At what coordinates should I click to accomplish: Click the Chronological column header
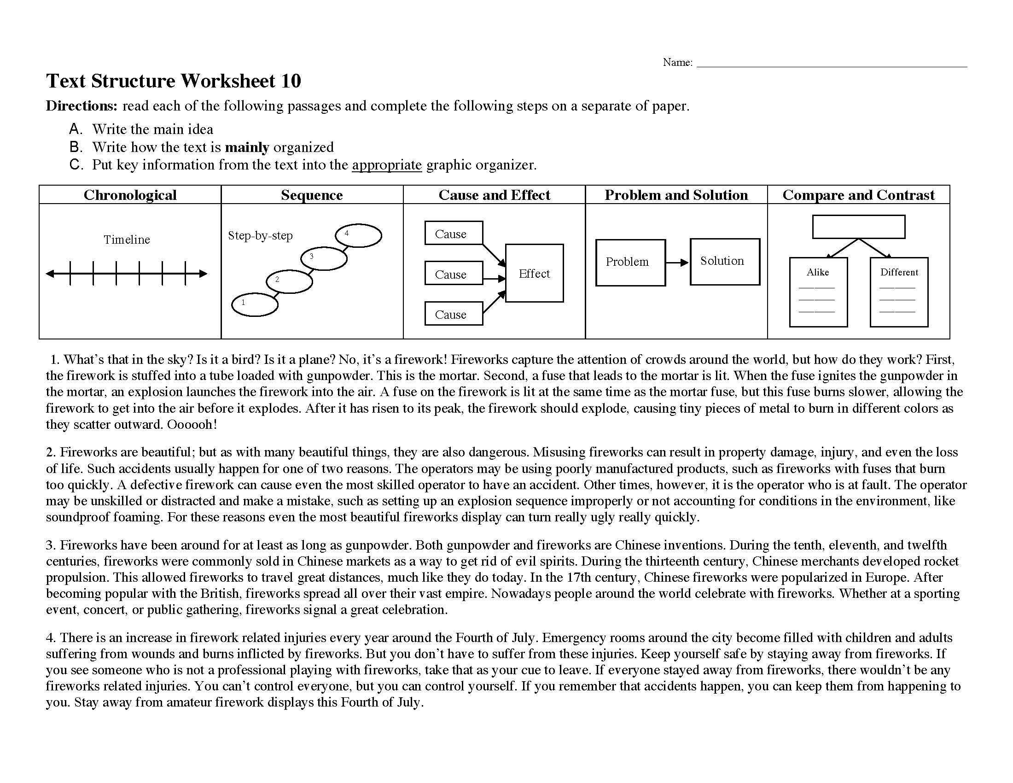[x=130, y=195]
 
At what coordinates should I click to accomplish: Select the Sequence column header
[x=312, y=195]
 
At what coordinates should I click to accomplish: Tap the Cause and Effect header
[x=495, y=195]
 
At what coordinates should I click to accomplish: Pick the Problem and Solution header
[x=676, y=195]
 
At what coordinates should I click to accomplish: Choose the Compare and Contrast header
[x=859, y=195]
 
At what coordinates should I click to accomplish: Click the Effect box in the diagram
[x=534, y=273]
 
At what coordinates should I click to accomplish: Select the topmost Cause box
[x=454, y=234]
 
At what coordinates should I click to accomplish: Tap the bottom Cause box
[x=454, y=314]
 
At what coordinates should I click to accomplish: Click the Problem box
[x=630, y=263]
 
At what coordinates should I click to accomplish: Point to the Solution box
[x=724, y=262]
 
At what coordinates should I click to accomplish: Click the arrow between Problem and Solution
[x=678, y=263]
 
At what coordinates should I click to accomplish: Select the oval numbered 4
[x=359, y=236]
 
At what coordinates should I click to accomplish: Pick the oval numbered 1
[x=255, y=304]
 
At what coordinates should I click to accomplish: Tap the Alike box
[x=818, y=292]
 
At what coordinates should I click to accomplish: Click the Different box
[x=899, y=292]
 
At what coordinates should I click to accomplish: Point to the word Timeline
[x=127, y=240]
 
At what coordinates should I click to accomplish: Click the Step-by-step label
[x=260, y=236]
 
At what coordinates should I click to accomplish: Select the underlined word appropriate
[x=386, y=165]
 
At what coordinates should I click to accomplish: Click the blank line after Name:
[x=832, y=64]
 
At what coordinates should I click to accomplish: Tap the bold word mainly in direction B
[x=247, y=147]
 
